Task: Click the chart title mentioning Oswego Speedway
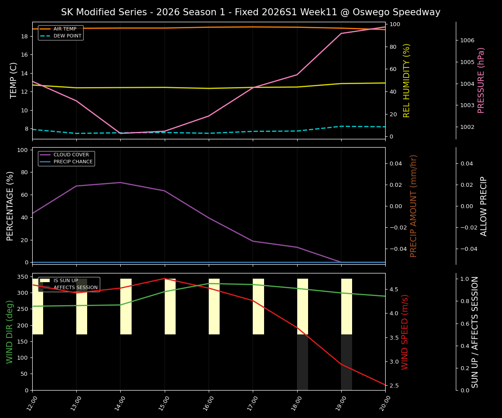tap(251, 12)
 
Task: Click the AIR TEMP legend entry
tap(64, 29)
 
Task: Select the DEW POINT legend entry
tap(67, 36)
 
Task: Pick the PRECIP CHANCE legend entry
tap(73, 162)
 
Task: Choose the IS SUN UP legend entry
tap(65, 281)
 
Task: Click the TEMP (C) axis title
tap(14, 80)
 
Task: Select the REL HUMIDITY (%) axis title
tap(407, 80)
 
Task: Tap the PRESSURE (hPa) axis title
tap(481, 80)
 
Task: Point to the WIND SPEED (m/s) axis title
tap(405, 332)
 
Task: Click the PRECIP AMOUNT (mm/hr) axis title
tap(414, 206)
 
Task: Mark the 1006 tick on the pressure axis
tap(468, 40)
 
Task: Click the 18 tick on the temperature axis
tap(24, 36)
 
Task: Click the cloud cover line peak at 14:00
tap(121, 182)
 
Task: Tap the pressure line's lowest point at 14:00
tap(121, 133)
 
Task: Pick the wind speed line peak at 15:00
tap(165, 278)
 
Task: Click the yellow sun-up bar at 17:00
tap(258, 307)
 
